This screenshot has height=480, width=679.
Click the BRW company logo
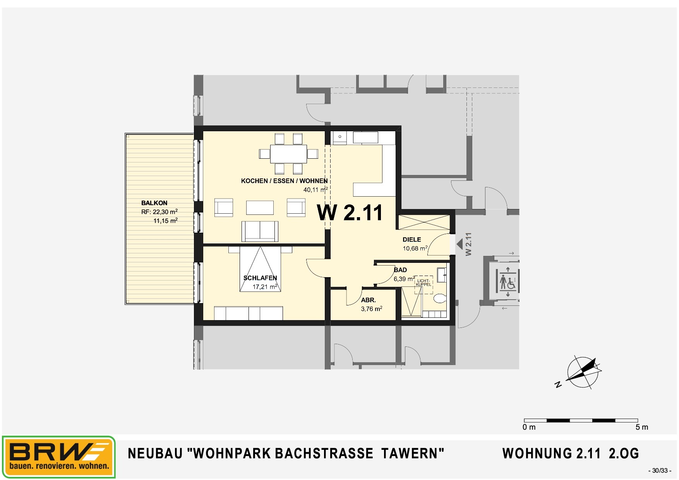(x=59, y=457)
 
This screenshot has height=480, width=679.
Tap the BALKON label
(x=154, y=203)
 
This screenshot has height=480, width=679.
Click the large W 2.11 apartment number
(x=350, y=213)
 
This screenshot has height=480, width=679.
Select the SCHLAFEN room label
(x=260, y=278)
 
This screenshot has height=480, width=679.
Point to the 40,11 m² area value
(x=315, y=190)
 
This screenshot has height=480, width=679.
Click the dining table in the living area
(x=288, y=154)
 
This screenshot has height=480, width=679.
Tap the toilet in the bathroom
(x=440, y=298)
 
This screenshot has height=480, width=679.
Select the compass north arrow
(x=583, y=372)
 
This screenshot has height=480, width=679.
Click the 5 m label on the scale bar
(x=642, y=427)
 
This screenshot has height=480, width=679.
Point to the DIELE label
(x=412, y=240)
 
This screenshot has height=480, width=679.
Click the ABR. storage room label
(x=368, y=300)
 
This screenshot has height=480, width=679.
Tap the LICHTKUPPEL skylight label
(x=423, y=283)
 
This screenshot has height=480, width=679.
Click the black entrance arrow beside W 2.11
(x=460, y=244)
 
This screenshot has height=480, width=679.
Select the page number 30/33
(x=660, y=471)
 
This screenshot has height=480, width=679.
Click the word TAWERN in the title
(x=413, y=453)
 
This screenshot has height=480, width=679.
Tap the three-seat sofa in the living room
(x=260, y=231)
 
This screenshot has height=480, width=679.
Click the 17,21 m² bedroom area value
(x=265, y=287)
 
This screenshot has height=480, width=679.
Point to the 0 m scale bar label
(x=529, y=427)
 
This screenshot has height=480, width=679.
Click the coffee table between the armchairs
(x=260, y=207)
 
